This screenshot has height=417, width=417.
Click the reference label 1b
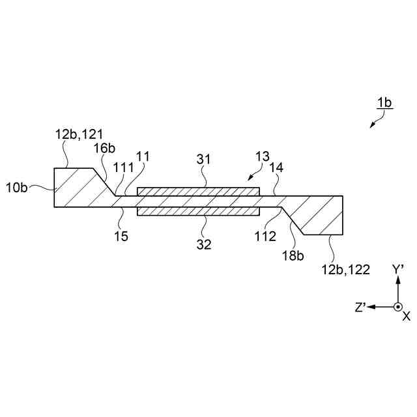(x=384, y=103)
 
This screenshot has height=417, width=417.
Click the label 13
(x=262, y=156)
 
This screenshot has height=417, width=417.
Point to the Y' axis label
(x=399, y=270)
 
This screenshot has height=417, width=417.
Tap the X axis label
(x=406, y=316)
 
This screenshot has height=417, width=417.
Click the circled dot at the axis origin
(x=397, y=307)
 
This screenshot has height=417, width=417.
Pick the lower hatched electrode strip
(x=198, y=212)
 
